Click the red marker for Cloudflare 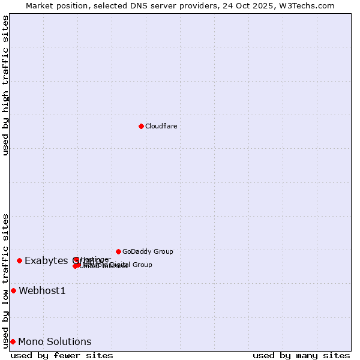coord(141,126)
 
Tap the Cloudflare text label coord(161,126)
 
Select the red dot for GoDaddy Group coord(118,251)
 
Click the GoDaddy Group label coord(147,251)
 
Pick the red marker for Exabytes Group coord(19,260)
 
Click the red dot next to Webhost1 coord(13,291)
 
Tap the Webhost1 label coord(42,291)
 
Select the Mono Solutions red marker coord(13,342)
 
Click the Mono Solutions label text coord(55,342)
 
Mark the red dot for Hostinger coord(76,259)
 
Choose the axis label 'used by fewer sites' coord(62,355)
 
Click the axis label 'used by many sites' coord(301,355)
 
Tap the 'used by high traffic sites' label coord(5,85)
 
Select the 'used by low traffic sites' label coord(5,281)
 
